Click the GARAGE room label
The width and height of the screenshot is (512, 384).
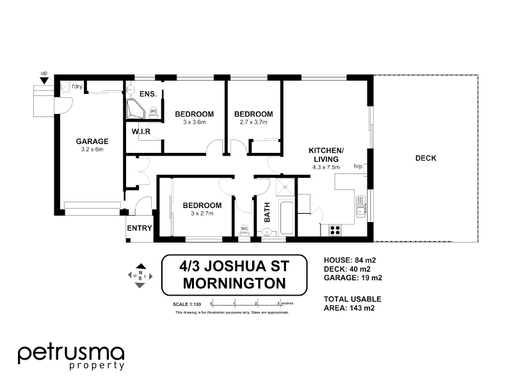click(x=92, y=141)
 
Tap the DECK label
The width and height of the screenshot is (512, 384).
click(x=426, y=158)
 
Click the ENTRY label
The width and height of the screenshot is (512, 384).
click(x=139, y=228)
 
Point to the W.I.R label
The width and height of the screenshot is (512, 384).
click(x=141, y=132)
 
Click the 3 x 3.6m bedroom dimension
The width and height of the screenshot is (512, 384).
click(x=194, y=122)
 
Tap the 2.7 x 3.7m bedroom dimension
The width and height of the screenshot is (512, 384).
click(x=253, y=122)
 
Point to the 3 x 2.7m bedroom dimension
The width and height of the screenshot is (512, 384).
click(x=202, y=213)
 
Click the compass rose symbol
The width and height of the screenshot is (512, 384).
click(x=140, y=276)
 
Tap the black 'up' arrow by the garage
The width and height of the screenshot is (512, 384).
click(x=44, y=81)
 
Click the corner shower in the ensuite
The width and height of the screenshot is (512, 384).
click(x=136, y=109)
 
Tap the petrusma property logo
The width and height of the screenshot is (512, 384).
click(x=70, y=356)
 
